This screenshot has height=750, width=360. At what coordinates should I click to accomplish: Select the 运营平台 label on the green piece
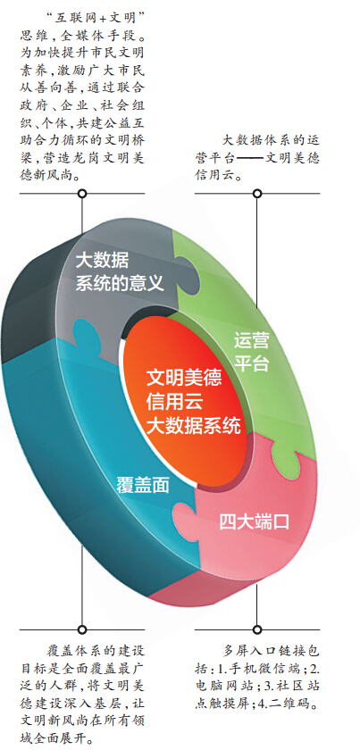click(252, 353)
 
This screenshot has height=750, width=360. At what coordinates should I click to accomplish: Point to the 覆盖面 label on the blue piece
click(143, 486)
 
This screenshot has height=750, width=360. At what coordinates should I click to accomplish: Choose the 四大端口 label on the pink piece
click(255, 521)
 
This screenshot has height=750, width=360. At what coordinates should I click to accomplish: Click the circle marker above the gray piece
click(82, 194)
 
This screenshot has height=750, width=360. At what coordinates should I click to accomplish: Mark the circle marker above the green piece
click(257, 194)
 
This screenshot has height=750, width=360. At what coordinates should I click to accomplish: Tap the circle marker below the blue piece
click(82, 629)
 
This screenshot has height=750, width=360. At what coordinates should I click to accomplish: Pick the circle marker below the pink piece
click(257, 629)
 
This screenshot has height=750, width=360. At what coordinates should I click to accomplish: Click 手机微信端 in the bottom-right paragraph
click(272, 669)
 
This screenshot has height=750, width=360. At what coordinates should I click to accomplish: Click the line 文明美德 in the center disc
click(184, 379)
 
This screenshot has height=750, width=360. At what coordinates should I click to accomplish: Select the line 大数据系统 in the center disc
click(194, 425)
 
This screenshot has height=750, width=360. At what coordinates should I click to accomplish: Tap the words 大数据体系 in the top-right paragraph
click(254, 140)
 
